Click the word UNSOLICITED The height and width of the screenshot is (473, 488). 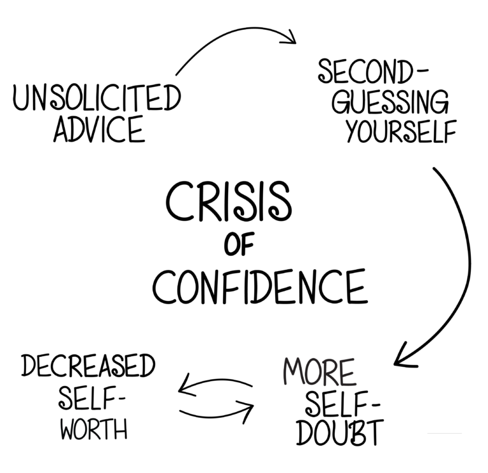coord(96,100)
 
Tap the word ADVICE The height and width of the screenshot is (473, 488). coord(99,130)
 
